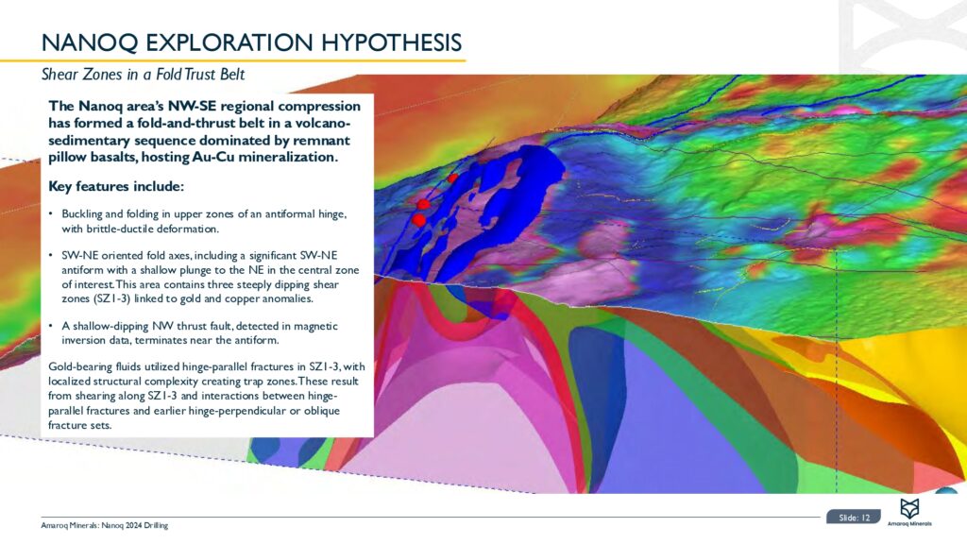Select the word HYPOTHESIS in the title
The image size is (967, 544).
(392, 42)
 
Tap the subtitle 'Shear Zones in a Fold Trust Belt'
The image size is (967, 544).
(144, 75)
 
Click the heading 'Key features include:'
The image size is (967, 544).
(116, 186)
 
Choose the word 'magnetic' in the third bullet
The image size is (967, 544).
(317, 326)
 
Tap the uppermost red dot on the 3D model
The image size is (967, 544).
(452, 178)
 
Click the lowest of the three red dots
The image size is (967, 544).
(418, 219)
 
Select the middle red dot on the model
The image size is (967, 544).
(423, 204)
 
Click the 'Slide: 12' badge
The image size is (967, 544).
(854, 518)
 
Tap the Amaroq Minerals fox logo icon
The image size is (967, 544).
(909, 508)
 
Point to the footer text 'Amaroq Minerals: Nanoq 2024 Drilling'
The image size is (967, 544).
(105, 525)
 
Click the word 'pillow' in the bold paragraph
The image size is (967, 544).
(67, 157)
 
